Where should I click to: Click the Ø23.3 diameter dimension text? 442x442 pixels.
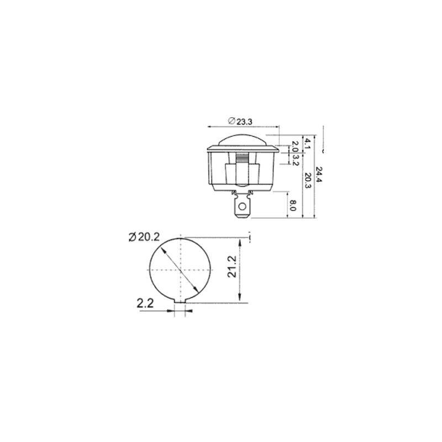coord(240,121)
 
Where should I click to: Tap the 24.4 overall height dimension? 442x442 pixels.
coord(319,175)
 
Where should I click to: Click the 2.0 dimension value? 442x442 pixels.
coord(295,146)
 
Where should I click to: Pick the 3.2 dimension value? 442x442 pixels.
coord(295,160)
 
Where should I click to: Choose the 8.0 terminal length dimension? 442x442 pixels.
coord(293,205)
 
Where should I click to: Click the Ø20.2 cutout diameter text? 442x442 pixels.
coord(144,237)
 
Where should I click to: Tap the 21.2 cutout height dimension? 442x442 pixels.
coord(232,266)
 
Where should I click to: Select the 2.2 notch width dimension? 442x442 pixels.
coord(145,303)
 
